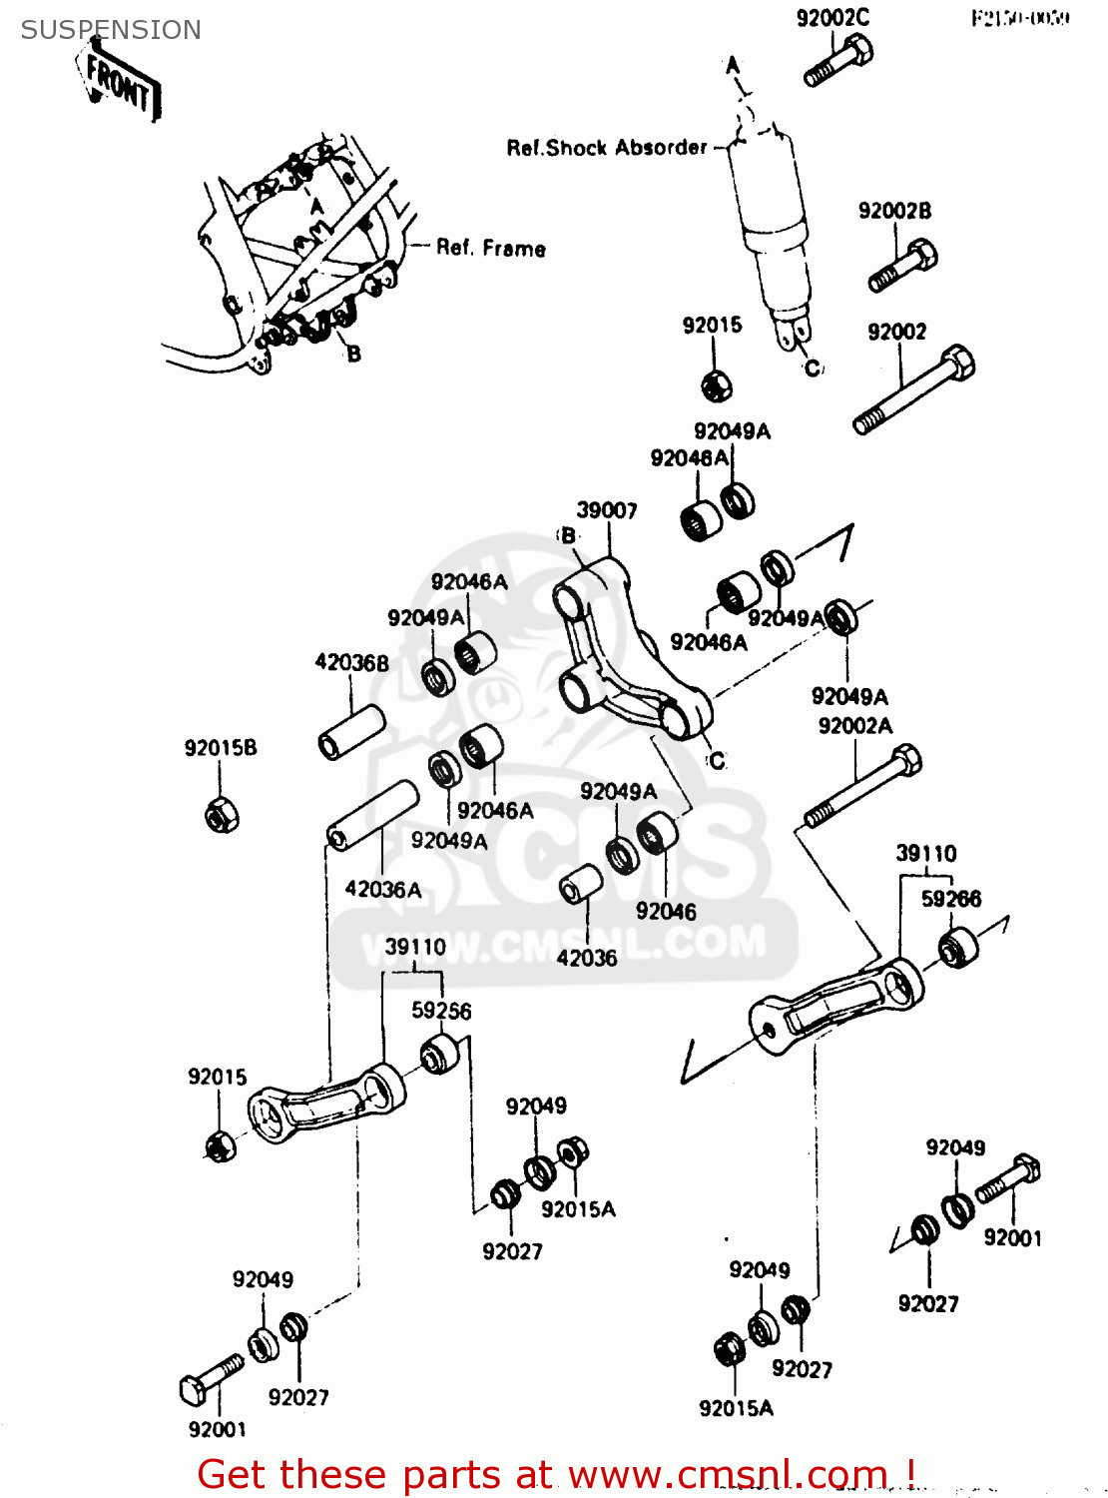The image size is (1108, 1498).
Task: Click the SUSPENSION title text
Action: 111,30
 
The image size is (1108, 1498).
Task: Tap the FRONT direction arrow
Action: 119,85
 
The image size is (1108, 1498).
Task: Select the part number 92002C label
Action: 832,17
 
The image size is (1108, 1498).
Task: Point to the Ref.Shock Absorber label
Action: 606,148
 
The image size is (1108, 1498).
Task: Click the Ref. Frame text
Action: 491,248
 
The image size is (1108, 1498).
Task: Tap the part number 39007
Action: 606,510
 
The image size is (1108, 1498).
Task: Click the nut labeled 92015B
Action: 222,814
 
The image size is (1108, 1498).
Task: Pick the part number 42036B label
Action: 351,662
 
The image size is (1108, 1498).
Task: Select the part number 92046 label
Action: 666,911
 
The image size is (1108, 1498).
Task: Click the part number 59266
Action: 950,899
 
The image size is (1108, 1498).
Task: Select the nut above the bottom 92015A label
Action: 730,1350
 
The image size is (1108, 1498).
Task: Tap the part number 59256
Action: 441,1011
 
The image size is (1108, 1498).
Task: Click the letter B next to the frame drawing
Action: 353,354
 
